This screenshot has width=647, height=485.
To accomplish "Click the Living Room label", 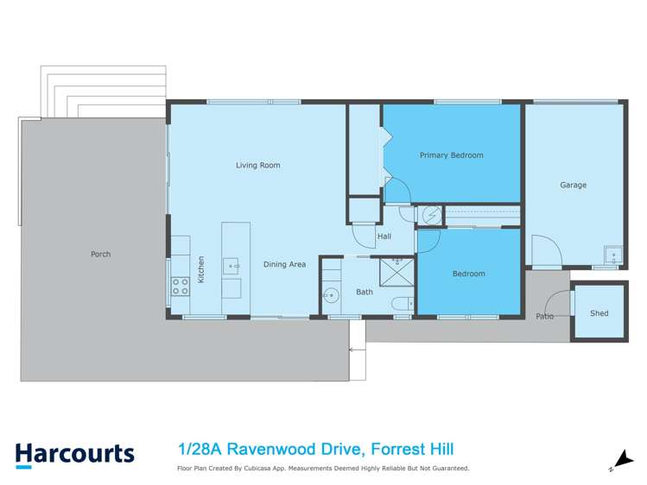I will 258,165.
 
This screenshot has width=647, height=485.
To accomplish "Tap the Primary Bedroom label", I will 451,155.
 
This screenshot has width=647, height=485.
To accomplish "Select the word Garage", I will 573,185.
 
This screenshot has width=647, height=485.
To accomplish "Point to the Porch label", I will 100,254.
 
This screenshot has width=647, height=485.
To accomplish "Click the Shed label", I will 599,312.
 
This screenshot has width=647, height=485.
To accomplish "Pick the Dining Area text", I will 284,264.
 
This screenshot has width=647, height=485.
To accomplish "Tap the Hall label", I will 384,236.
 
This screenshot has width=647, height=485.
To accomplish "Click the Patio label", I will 544,316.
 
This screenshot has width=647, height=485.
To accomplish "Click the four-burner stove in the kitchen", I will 181,286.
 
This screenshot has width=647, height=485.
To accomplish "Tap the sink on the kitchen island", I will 232,266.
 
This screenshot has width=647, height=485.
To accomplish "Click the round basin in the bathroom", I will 331,296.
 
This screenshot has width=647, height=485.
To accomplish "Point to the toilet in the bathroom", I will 399,302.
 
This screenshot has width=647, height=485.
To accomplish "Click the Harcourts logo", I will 74,454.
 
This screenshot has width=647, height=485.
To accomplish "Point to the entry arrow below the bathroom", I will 352,350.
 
